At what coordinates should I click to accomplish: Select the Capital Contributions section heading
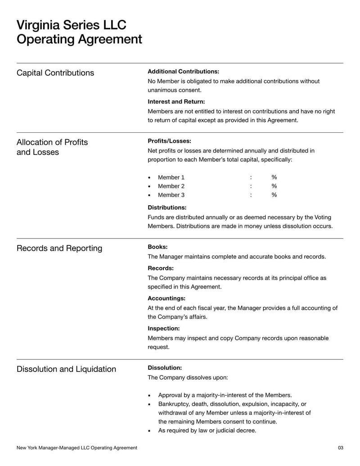(x=55, y=73)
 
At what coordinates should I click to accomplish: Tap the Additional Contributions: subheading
(x=183, y=72)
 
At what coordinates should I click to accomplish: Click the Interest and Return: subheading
(x=176, y=102)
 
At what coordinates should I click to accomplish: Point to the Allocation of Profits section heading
(x=52, y=142)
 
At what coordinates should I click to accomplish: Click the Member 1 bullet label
(x=171, y=177)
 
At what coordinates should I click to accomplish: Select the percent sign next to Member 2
(x=274, y=186)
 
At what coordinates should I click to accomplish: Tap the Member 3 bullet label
(x=171, y=195)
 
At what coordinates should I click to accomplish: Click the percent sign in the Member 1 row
(x=274, y=177)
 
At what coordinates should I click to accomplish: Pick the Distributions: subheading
(x=167, y=208)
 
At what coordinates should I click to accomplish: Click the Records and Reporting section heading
(x=59, y=249)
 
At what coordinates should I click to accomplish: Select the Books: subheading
(x=157, y=247)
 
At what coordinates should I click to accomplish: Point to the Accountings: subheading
(x=166, y=298)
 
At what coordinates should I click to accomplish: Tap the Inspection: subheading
(x=164, y=328)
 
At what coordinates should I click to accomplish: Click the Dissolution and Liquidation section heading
(x=66, y=369)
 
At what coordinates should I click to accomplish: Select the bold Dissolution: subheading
(x=165, y=368)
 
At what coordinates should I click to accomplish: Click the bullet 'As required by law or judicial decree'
(x=207, y=430)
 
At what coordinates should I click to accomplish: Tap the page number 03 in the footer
(x=340, y=448)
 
